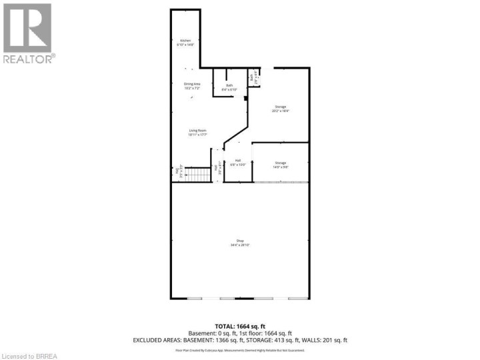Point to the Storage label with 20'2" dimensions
280,109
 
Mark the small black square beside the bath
246,99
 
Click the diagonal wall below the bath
233,133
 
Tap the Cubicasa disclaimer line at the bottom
240,350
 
